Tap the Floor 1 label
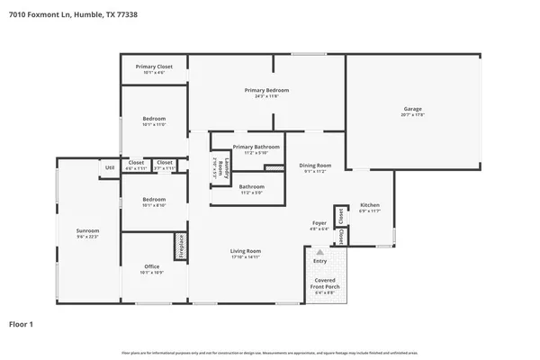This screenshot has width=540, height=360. [x=22, y=323]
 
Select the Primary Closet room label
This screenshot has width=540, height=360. [x=154, y=67]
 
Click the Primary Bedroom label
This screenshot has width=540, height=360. [x=266, y=91]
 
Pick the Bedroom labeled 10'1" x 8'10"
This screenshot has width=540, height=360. [x=154, y=199]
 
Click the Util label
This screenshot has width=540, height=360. [x=110, y=167]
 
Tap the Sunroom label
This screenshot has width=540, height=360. [x=87, y=231]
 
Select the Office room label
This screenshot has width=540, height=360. [x=152, y=266]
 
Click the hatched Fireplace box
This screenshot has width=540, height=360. [x=180, y=247]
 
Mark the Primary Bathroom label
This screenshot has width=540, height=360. [x=256, y=147]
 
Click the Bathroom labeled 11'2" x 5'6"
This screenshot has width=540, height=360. [x=251, y=187]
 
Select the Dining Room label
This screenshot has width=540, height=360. [x=315, y=166]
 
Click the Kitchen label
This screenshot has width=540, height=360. [x=370, y=204]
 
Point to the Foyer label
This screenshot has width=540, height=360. [x=319, y=223]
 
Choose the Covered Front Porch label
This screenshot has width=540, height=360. [x=324, y=285]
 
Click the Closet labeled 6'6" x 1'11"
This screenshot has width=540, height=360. [x=136, y=163]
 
